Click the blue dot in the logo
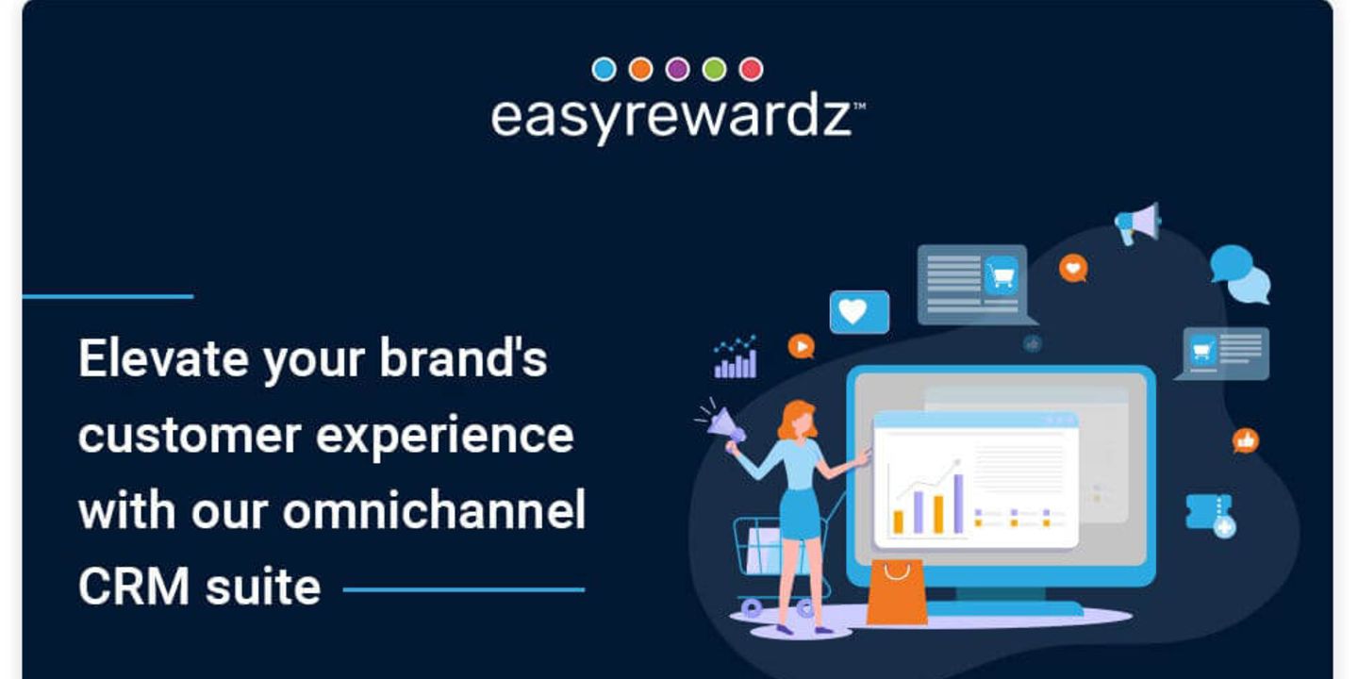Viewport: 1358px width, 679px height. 604,69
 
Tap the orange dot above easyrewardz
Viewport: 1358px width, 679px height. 641,69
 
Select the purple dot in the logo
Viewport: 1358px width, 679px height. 678,69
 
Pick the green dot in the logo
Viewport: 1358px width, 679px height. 714,69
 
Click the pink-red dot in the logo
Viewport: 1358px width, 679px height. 751,69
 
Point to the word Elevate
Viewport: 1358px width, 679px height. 163,358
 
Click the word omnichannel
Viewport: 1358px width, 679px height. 434,509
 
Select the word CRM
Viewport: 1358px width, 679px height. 134,587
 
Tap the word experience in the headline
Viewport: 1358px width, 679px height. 444,436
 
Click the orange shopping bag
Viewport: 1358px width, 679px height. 897,592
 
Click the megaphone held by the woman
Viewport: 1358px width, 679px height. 725,422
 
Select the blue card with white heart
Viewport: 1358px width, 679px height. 859,311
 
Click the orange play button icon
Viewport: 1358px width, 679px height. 801,346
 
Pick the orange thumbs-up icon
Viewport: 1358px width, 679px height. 1245,440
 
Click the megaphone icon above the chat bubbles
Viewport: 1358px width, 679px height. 1138,224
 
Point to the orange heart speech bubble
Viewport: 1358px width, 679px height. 1073,268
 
